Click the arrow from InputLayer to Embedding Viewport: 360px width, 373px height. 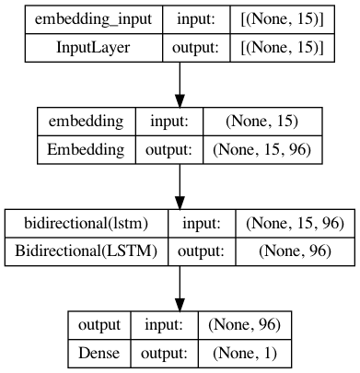point(180,85)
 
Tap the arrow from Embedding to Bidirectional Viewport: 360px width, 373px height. point(180,188)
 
